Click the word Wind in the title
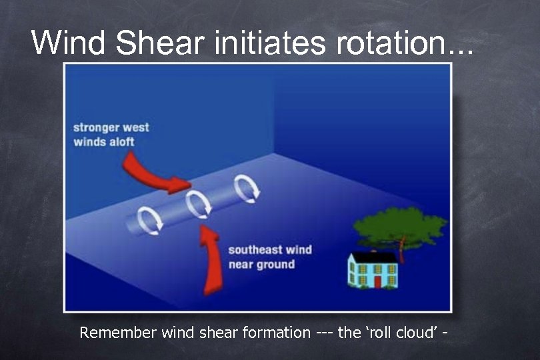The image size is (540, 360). point(69,43)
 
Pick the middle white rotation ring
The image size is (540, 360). point(199,204)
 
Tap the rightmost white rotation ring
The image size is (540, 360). point(245,189)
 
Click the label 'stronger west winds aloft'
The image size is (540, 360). point(111,134)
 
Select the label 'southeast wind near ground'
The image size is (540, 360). point(269,257)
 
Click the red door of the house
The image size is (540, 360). point(377,281)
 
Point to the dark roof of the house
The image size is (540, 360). point(373,257)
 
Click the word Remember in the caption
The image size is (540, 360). point(119,332)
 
